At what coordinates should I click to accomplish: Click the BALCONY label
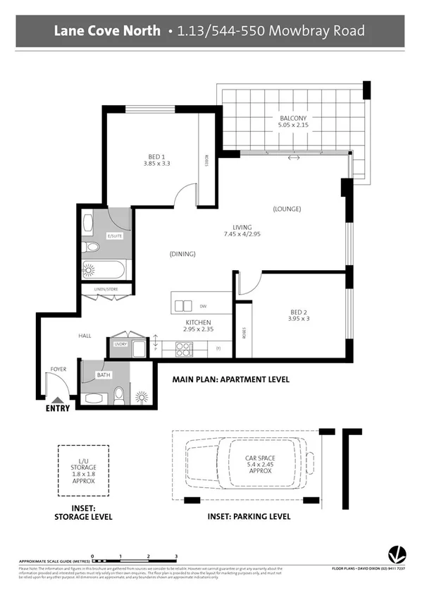[292, 118]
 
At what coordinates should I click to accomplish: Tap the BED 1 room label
[156, 157]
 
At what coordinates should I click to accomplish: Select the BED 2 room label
[299, 312]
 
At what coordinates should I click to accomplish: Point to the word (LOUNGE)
[287, 209]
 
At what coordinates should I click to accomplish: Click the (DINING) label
[182, 254]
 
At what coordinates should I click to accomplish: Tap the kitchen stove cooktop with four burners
[184, 348]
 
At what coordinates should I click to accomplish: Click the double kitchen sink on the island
[183, 305]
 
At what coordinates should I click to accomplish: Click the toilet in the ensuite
[90, 248]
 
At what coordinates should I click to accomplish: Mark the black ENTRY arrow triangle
[57, 400]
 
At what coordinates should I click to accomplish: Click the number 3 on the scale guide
[176, 556]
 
